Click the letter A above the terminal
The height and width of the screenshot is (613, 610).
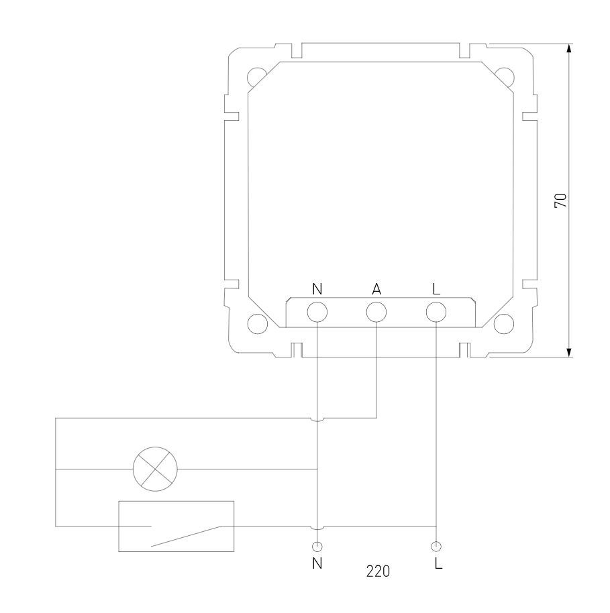coord(376,289)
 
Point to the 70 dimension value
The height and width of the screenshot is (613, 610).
coord(560,200)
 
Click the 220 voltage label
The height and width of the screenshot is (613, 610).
coord(378,571)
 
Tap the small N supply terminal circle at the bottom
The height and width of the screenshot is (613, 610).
coord(317,547)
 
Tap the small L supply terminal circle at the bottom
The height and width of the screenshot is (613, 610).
coord(436,547)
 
